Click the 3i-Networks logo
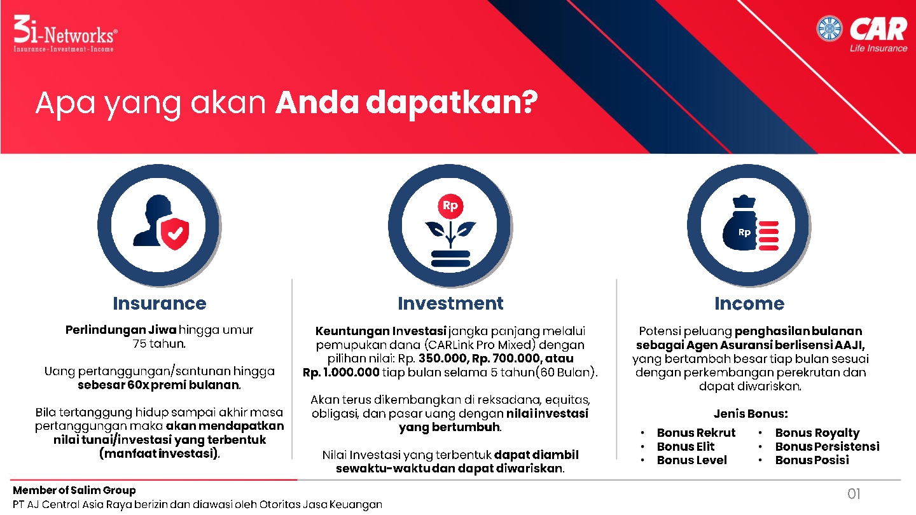point(66,34)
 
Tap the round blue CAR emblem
point(829,28)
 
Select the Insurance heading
point(160,303)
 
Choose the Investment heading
point(450,303)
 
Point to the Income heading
point(749,303)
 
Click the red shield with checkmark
point(175,233)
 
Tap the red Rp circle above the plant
point(450,205)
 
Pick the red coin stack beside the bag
point(768,235)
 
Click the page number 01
point(854,494)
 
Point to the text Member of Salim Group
point(74,490)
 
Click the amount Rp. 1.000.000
point(341,373)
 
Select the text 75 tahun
point(159,343)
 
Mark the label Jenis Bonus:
point(751,414)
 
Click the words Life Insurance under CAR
point(878,48)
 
